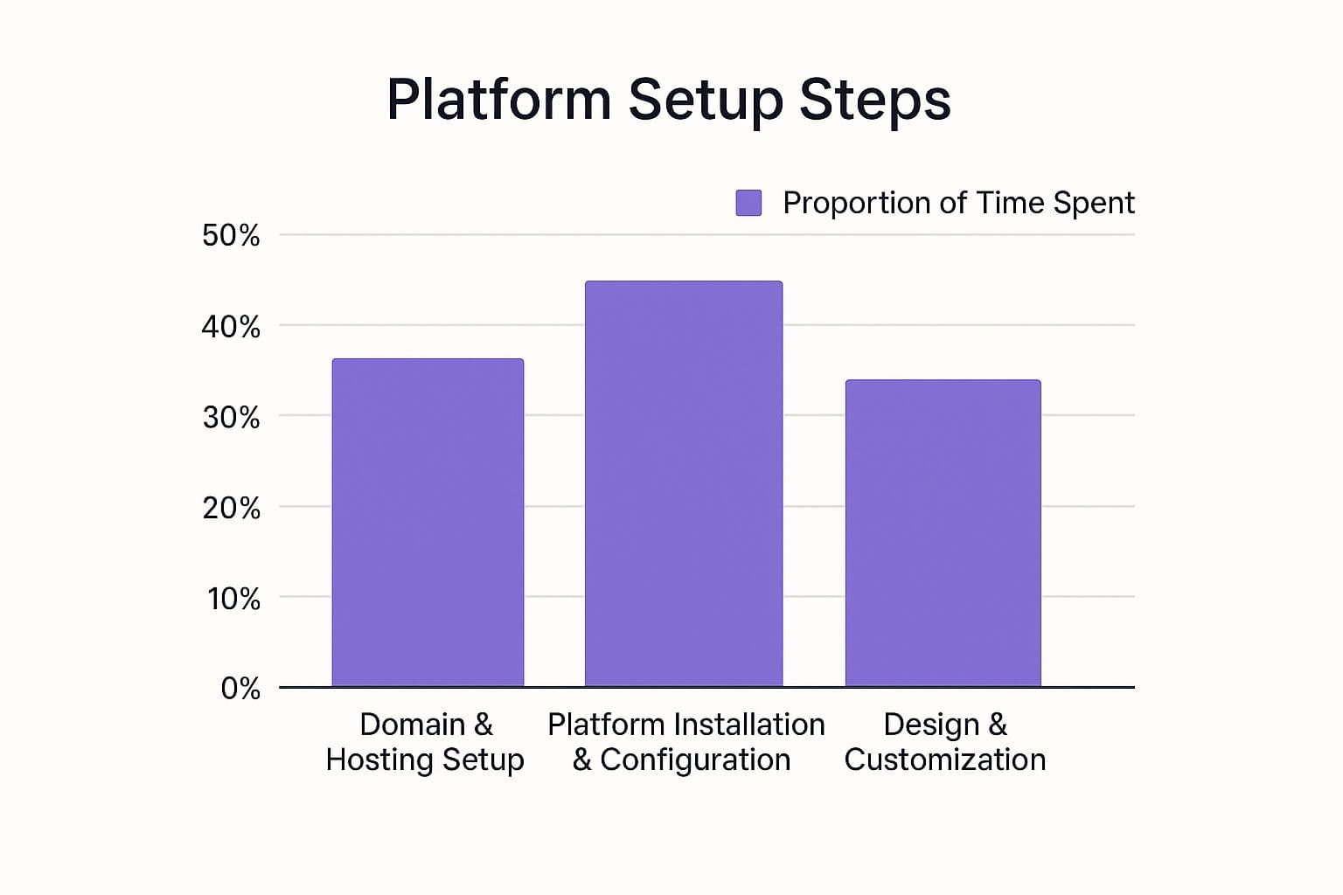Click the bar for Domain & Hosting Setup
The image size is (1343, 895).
coord(428,522)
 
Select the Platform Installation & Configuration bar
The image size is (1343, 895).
coord(684,483)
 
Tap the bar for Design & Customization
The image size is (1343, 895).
coord(943,533)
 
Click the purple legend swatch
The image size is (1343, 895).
coord(748,203)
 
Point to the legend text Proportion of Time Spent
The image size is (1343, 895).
coord(958,203)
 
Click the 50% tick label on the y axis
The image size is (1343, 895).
coord(231,235)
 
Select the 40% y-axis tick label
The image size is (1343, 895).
coord(231,327)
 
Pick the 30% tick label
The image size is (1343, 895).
coord(231,417)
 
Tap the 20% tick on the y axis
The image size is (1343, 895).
coord(231,509)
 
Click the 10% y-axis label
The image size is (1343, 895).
coord(233,599)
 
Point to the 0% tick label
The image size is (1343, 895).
coord(240,689)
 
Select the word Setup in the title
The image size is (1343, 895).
coord(706,102)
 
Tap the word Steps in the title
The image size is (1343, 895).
coord(875,102)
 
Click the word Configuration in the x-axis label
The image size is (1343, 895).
coord(695,761)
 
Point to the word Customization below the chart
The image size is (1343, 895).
coord(945,760)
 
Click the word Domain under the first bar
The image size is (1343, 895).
coord(413,725)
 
